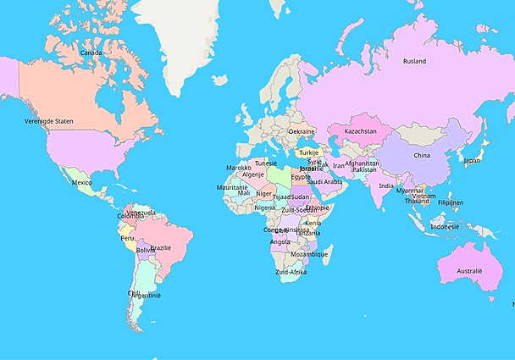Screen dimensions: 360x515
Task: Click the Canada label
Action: [x=91, y=53]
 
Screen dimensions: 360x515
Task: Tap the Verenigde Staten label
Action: [x=48, y=121]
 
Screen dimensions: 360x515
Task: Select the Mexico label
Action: [x=81, y=182]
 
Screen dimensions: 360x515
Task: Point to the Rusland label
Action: [x=414, y=61]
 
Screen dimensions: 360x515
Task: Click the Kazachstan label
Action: [x=360, y=131]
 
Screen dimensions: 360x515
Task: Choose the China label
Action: [x=421, y=155]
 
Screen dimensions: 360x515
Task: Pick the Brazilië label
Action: [x=160, y=247]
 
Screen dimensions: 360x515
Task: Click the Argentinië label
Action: [x=146, y=296]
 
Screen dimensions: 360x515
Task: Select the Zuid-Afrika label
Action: [x=291, y=272]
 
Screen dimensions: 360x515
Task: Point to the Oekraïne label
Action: [x=302, y=131]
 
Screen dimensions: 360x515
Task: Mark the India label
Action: [x=385, y=186]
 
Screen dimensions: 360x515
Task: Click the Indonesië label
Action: [x=445, y=226]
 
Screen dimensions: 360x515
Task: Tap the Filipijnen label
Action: [x=451, y=202]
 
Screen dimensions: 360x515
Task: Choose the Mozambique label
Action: [x=309, y=254]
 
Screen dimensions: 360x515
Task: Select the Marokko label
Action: [x=238, y=168]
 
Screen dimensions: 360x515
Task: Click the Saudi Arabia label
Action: [x=324, y=181]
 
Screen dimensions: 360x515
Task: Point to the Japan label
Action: [x=471, y=160]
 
